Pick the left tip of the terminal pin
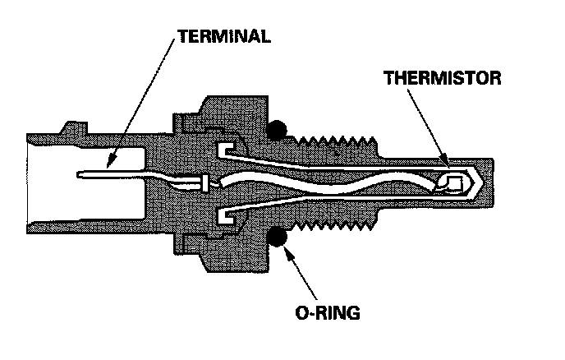pyautogui.click(x=76, y=173)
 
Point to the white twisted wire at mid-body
pyautogui.click(x=328, y=182)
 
